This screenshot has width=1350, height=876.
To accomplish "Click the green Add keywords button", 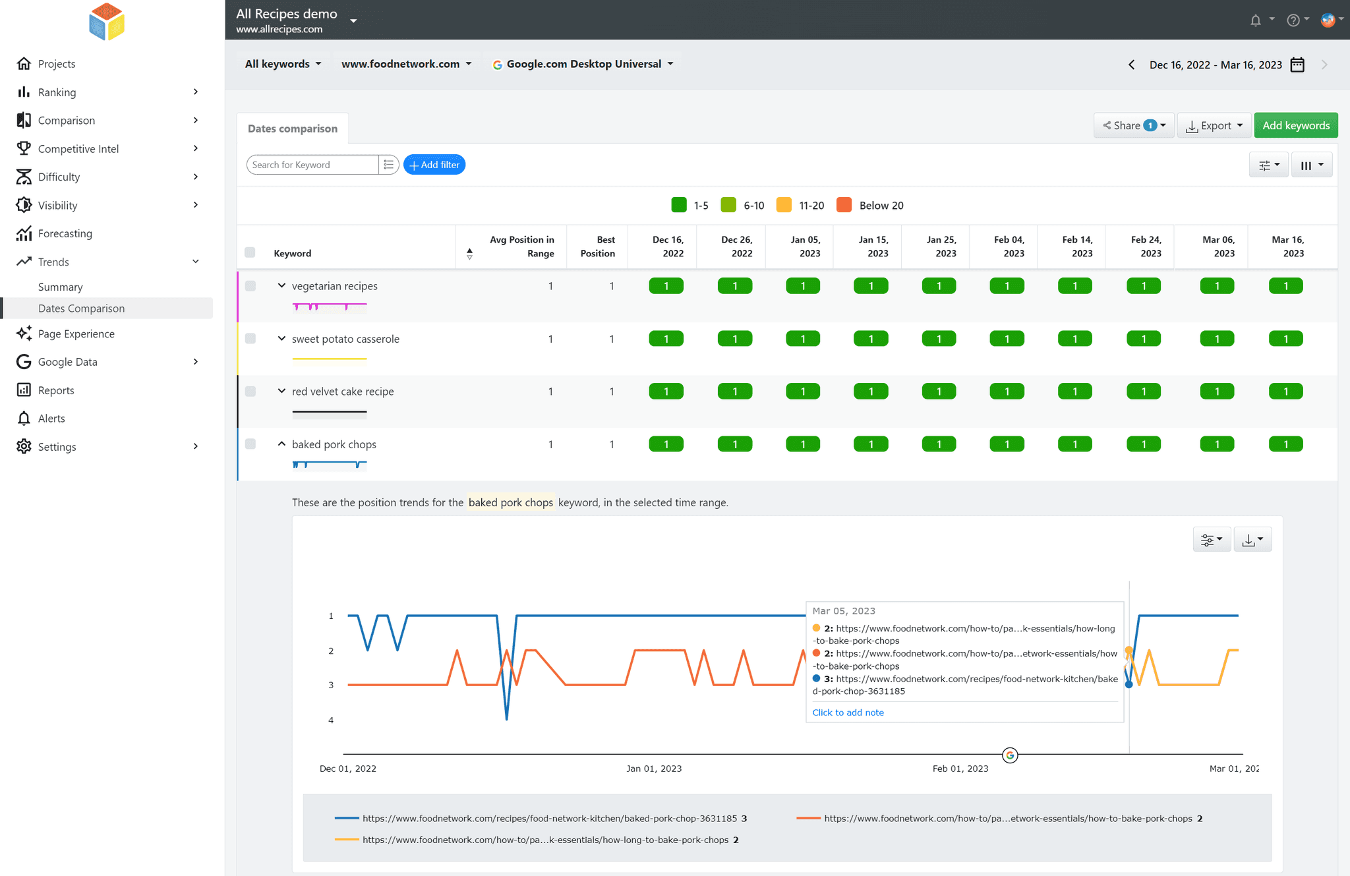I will (1295, 125).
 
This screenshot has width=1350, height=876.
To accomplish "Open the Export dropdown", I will (1214, 125).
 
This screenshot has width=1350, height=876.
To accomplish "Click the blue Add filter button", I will (434, 165).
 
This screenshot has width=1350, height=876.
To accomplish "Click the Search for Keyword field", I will (312, 165).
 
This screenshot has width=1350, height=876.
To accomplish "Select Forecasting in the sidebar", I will (65, 233).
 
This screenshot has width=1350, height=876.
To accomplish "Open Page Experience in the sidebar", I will (76, 334).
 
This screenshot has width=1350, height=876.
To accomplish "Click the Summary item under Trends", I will (60, 287).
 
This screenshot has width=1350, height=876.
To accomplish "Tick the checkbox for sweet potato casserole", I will (250, 339).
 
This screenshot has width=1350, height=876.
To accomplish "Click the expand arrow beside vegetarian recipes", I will (281, 286).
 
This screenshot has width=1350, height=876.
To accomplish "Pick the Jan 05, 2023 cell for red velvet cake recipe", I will (803, 392).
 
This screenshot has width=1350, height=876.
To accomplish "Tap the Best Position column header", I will (597, 247).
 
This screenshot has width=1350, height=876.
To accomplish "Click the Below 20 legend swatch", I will (844, 205).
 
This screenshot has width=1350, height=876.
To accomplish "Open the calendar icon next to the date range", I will (1297, 65).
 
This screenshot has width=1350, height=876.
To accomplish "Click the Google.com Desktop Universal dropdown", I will (583, 64).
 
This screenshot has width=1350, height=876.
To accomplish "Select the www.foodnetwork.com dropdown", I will (406, 64).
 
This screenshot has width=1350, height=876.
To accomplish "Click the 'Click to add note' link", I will (848, 713).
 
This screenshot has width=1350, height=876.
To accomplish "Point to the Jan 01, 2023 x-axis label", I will (654, 769).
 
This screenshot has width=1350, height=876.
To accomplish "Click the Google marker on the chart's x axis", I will (1010, 755).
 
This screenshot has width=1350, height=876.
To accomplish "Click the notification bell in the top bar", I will (1255, 20).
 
